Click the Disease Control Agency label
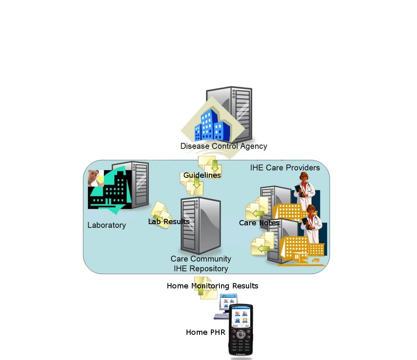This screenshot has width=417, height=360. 224,146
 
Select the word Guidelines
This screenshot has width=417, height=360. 202,175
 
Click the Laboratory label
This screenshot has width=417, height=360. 106,225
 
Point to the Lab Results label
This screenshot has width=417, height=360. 169,222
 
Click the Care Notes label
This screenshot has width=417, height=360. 259,223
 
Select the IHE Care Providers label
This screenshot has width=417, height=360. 285,168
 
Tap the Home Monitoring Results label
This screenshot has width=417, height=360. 212,286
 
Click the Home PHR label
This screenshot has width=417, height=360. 205,332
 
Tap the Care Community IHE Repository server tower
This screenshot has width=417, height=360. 201,225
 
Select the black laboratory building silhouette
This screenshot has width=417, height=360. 112,191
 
